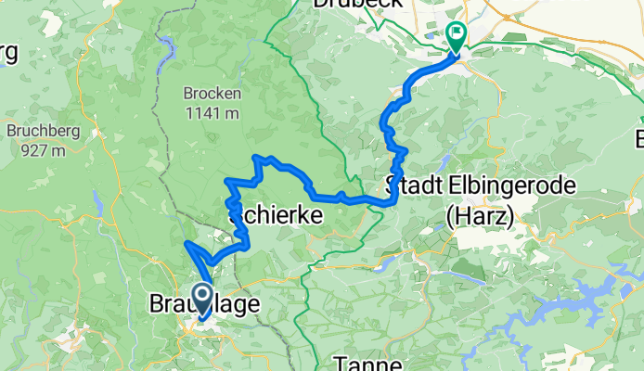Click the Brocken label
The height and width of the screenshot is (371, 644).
[213, 95]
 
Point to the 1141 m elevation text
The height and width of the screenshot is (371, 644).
[213, 113]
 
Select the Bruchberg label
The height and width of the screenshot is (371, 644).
[35, 130]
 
